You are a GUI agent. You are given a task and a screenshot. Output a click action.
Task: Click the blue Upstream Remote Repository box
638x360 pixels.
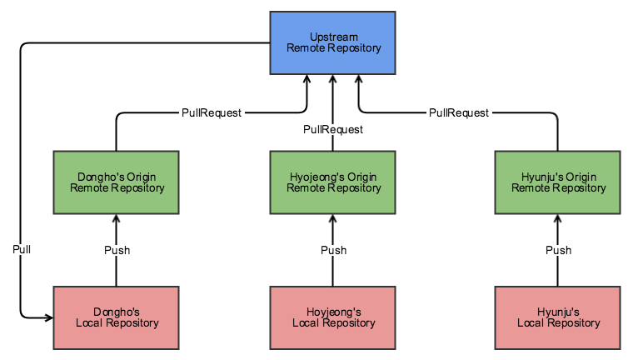coord(332,42)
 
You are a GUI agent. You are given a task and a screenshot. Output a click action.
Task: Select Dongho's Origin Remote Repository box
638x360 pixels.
coord(116,182)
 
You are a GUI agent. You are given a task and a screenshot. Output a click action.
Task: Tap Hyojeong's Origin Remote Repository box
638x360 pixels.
coord(332,182)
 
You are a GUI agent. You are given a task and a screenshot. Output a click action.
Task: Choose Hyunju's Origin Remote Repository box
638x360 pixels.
coord(557,182)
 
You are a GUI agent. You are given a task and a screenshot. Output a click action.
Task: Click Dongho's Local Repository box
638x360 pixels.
coord(116,317)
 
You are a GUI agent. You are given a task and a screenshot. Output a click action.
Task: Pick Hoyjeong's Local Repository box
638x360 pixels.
coord(332,317)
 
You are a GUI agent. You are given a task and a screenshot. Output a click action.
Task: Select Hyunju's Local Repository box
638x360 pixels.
coord(557,317)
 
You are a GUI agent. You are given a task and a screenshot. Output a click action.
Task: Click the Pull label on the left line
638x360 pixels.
coord(22,249)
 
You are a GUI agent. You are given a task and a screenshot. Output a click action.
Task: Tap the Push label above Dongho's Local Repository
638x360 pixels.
coord(117,250)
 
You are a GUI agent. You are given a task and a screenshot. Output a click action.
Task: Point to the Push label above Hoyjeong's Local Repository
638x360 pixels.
coord(334,250)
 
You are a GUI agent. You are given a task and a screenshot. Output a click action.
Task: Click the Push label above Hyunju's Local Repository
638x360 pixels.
coord(559,250)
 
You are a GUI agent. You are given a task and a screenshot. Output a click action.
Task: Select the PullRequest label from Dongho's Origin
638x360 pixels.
coord(212,112)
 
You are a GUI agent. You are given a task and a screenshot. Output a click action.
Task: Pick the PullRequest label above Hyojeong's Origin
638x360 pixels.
coord(333,129)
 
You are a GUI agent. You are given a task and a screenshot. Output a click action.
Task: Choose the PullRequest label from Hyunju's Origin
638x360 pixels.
coord(459,112)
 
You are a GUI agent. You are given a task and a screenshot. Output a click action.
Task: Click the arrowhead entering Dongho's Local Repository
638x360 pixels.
coord(49,317)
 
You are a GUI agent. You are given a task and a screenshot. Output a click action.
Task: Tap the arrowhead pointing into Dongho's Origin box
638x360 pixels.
coord(117,219)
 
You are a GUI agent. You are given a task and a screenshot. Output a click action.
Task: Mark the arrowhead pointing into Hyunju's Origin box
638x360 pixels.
coord(557,219)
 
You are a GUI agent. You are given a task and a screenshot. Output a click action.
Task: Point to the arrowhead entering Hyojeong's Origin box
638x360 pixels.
coord(333,219)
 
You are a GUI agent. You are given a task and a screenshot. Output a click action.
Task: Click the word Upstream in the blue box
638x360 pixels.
coord(334,37)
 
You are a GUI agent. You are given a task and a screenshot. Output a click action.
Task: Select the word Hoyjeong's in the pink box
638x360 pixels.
coord(334,312)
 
